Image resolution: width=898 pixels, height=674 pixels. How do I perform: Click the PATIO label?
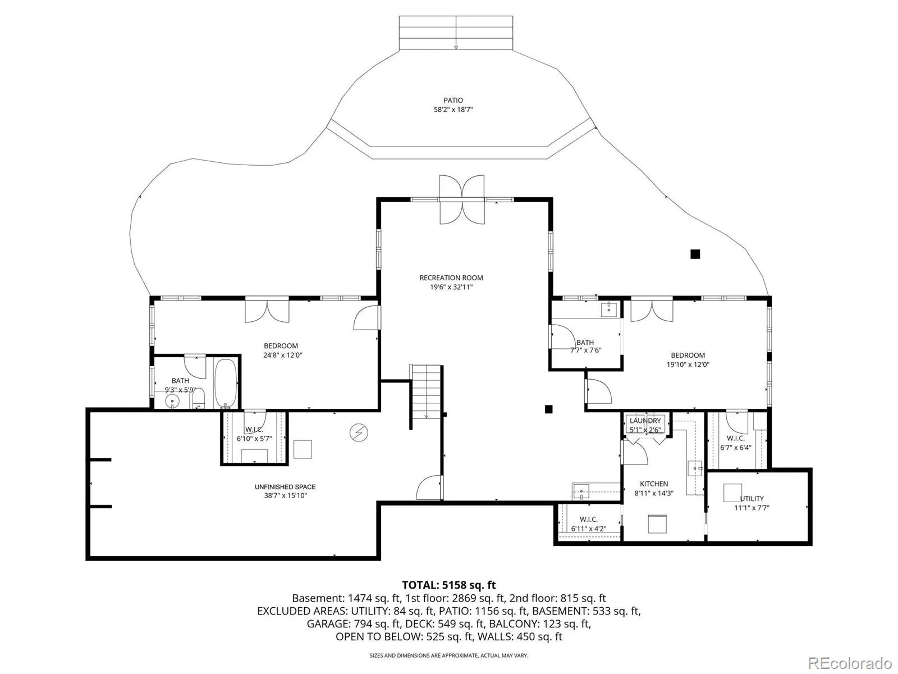tap(453, 101)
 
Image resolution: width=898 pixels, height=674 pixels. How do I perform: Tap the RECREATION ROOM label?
tap(451, 278)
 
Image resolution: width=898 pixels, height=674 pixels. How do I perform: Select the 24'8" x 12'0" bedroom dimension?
tap(282, 355)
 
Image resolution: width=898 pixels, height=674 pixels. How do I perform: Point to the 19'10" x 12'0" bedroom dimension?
tap(688, 365)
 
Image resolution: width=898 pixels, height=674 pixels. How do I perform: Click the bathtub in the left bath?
tap(226, 384)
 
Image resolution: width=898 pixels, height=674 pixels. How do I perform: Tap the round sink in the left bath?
tap(172, 402)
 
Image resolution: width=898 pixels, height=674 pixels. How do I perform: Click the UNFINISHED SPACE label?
tap(285, 487)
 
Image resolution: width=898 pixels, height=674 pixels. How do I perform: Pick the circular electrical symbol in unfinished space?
tap(359, 432)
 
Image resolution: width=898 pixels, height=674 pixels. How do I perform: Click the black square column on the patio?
tap(695, 254)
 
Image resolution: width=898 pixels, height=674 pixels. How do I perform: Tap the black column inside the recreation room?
tap(548, 409)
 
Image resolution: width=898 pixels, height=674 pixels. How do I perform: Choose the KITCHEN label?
tap(654, 484)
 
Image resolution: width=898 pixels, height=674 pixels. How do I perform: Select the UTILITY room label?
tap(752, 498)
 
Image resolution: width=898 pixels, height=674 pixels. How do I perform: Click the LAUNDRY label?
tap(645, 421)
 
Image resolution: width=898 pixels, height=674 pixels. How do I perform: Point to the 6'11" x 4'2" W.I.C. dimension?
tap(589, 529)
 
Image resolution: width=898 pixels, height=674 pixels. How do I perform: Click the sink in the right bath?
tap(609, 310)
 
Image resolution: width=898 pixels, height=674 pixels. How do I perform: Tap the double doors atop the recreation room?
tap(462, 200)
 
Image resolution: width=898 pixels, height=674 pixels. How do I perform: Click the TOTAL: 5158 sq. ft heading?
tap(449, 585)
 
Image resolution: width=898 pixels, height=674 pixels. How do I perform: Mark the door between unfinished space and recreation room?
tap(430, 488)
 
